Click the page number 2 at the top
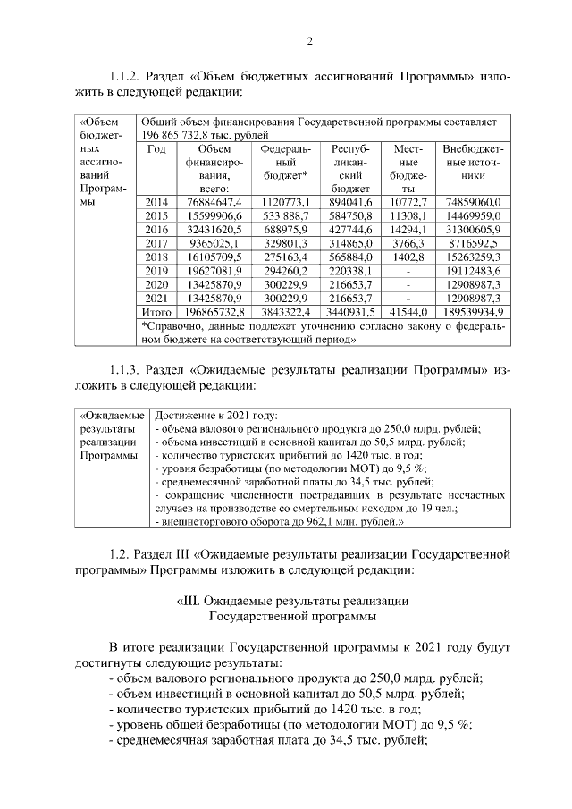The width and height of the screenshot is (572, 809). click(309, 40)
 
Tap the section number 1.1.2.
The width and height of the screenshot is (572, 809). click(128, 76)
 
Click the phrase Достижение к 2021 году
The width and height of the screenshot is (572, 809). click(216, 416)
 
